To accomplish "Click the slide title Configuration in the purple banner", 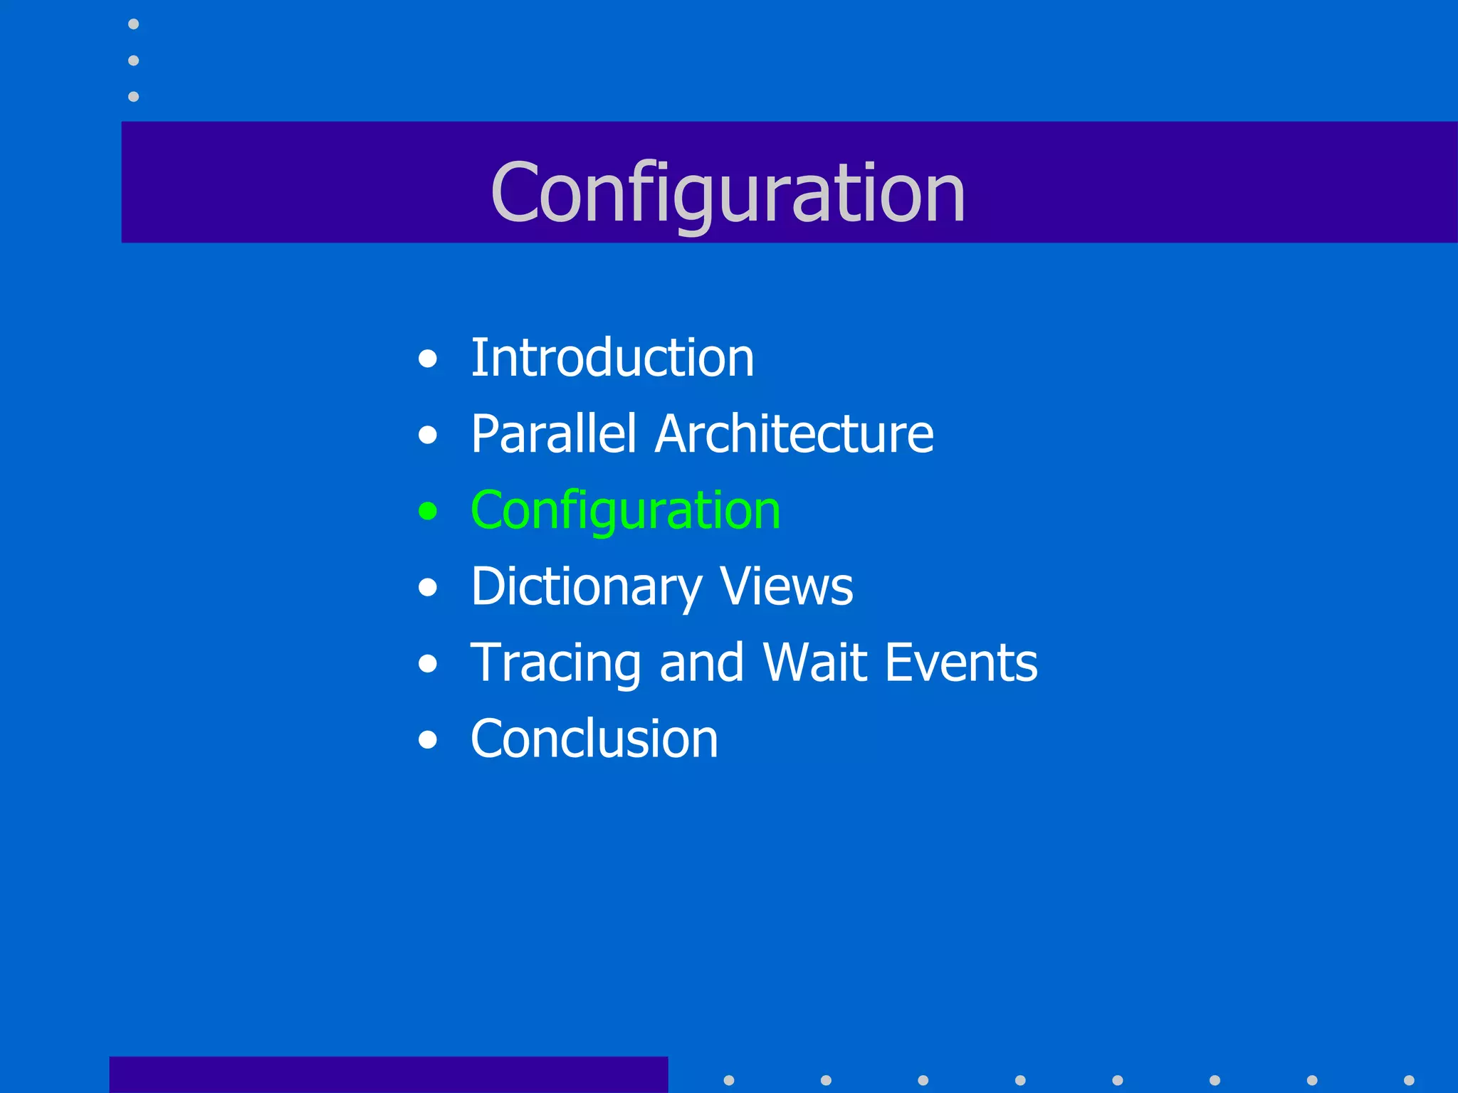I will [x=728, y=192].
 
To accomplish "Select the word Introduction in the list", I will [x=612, y=358].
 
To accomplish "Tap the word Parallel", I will [x=553, y=434].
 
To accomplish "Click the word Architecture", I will [x=794, y=434].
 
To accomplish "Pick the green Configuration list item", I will [x=625, y=511].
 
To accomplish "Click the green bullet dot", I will [x=428, y=511].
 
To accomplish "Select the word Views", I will [x=786, y=587].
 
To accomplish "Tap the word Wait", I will [x=815, y=663].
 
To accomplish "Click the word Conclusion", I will [x=594, y=739].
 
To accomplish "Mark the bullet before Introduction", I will [x=428, y=359].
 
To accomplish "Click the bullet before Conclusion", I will [x=428, y=740].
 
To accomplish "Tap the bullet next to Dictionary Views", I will [x=428, y=588].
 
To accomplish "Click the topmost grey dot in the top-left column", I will [x=133, y=24].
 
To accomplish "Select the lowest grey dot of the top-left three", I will [x=133, y=96].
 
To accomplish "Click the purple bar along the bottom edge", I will [x=388, y=1074].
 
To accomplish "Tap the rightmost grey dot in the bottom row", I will [x=1409, y=1080].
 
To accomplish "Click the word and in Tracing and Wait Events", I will [x=701, y=663].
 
